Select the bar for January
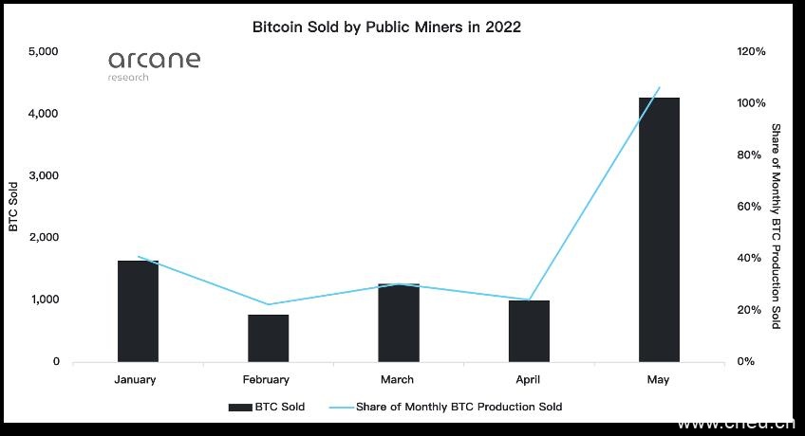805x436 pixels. [x=138, y=311]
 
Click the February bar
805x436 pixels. [x=268, y=337]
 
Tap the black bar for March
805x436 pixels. [x=398, y=322]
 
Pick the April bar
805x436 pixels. [x=529, y=331]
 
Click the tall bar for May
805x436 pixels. [x=659, y=229]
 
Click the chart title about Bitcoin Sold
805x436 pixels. [x=386, y=27]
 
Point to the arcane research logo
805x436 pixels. [x=154, y=64]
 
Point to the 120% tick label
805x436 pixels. [x=751, y=51]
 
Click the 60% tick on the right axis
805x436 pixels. [x=753, y=207]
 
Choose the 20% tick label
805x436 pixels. [x=753, y=310]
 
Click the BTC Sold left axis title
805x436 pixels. [x=13, y=206]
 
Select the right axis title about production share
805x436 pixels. [x=776, y=226]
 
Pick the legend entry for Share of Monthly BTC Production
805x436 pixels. [x=446, y=407]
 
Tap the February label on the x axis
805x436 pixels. [x=266, y=380]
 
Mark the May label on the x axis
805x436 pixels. [x=658, y=380]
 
